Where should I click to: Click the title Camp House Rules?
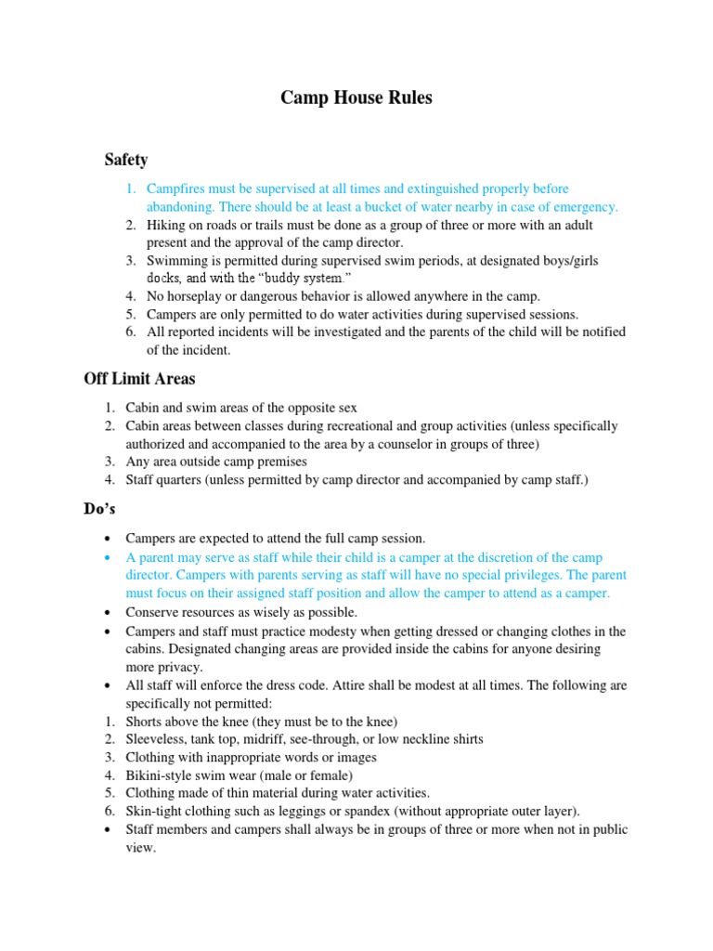pos(356,98)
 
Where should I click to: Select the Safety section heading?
pos(126,160)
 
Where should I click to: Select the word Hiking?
pos(167,225)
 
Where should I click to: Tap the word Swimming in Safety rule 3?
pos(177,261)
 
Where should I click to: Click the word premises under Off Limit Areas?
pos(277,462)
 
